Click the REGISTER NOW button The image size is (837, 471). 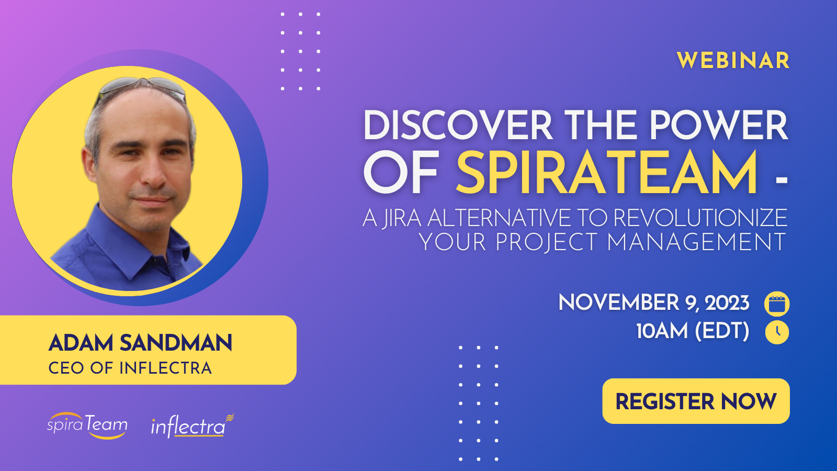(696, 401)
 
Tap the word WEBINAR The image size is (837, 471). (733, 61)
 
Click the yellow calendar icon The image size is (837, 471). (777, 304)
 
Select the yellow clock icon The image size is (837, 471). (777, 332)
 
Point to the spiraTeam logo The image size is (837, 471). (87, 425)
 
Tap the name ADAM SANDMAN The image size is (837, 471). (140, 343)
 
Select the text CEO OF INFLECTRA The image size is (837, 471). (130, 368)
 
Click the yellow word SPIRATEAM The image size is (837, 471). (607, 173)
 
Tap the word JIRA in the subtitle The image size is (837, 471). (401, 218)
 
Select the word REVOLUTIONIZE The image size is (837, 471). (700, 218)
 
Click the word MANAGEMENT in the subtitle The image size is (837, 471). (696, 242)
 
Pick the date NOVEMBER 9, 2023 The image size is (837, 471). (653, 303)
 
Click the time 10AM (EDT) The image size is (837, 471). (693, 331)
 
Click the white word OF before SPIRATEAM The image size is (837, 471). (401, 173)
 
